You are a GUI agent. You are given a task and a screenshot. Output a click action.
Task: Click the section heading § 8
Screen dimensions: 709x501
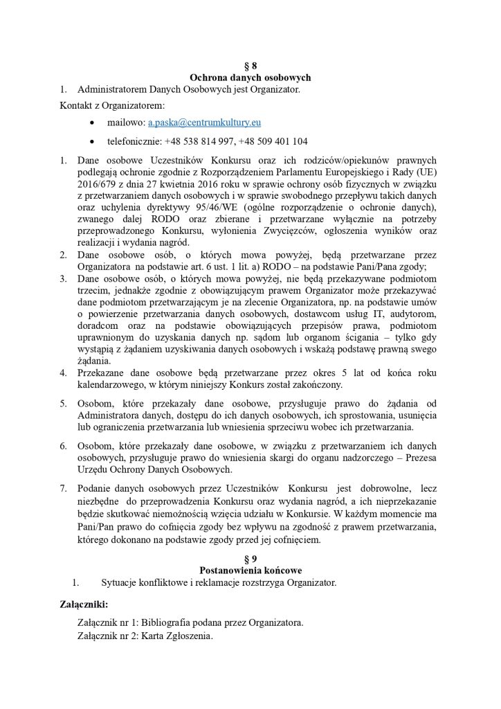(250, 66)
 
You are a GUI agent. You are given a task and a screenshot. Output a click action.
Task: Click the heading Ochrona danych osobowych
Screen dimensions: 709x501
(250, 78)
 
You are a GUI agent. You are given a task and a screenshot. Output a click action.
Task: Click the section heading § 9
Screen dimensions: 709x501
(250, 559)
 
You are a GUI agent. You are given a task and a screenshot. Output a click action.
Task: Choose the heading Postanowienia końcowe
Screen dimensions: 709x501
(250, 570)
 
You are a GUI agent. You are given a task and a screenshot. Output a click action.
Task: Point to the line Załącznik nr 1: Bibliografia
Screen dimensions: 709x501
(190, 622)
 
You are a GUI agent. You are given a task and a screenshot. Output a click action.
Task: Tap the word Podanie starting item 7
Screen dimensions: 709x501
(95, 488)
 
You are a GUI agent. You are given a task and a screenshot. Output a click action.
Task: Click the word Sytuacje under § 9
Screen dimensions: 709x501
(120, 582)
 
